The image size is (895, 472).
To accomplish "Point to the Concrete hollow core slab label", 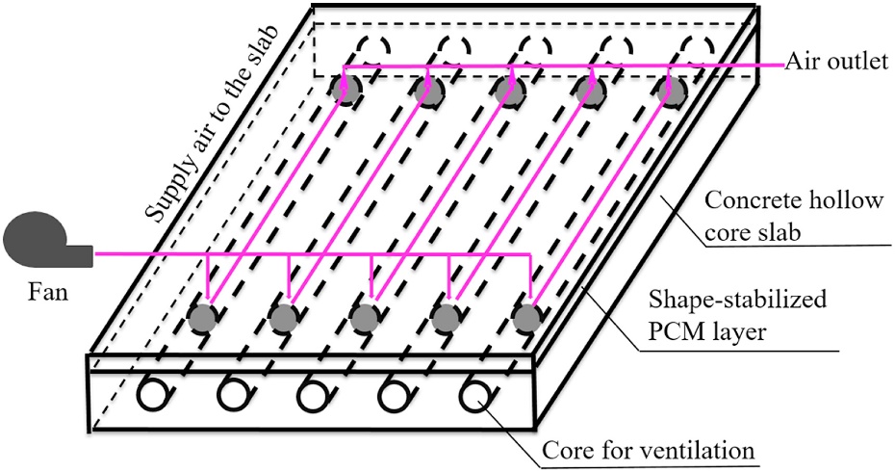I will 781,216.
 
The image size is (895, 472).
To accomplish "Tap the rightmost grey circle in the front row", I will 524,317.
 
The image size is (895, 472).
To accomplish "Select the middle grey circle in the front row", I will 363,317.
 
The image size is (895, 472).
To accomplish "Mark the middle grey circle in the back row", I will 508,90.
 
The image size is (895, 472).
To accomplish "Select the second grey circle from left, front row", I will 283,317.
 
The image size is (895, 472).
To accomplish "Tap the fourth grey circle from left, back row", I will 588,90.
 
